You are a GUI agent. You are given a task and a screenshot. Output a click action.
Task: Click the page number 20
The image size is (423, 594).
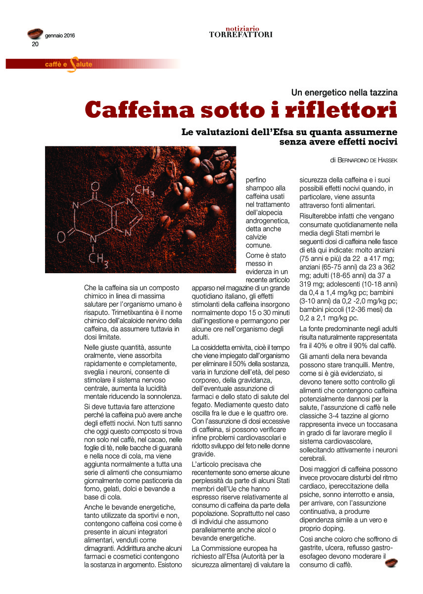point(35,44)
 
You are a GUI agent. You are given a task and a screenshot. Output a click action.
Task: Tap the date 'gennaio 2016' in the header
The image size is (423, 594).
point(60,36)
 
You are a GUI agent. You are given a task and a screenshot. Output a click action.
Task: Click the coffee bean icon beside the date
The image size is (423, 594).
point(35,34)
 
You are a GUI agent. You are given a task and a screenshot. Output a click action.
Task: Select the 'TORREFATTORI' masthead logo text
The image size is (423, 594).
point(240,35)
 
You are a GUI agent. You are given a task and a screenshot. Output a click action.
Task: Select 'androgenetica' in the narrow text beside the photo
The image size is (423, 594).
point(268,221)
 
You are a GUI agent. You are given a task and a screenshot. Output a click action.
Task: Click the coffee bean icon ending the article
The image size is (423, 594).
point(391,562)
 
